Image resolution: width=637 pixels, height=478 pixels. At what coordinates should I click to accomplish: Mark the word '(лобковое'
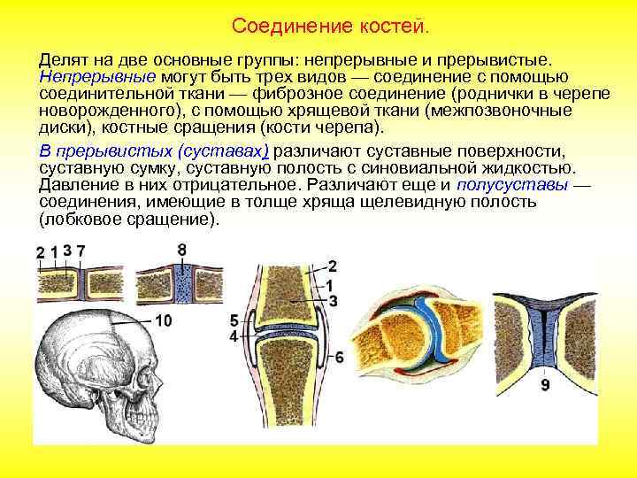click(80, 219)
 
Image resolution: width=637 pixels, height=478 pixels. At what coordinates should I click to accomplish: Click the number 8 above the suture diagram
click(181, 251)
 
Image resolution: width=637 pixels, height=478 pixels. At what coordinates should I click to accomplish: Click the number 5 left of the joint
click(233, 320)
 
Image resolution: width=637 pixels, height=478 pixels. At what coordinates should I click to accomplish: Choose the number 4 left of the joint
click(233, 337)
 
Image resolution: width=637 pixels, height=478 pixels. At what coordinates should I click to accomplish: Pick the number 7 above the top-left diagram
click(81, 251)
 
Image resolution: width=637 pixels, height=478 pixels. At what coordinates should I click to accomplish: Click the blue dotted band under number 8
click(182, 287)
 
